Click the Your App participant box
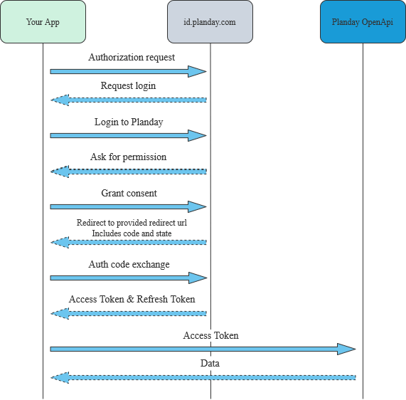pos(43,22)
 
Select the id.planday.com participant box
pos(210,22)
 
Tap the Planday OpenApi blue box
pos(363,22)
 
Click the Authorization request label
pos(132,57)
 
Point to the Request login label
pos(128,85)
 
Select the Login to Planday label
pos(129,122)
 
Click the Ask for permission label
pos(129,157)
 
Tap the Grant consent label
pos(129,193)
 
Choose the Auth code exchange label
pos(129,264)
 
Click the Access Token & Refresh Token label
pos(132,299)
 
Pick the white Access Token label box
pos(210,335)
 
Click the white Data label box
pos(210,364)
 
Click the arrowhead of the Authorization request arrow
pos(198,71)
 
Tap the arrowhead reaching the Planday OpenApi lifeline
pos(347,349)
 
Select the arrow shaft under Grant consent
pos(121,206)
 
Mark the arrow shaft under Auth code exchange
pos(121,278)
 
